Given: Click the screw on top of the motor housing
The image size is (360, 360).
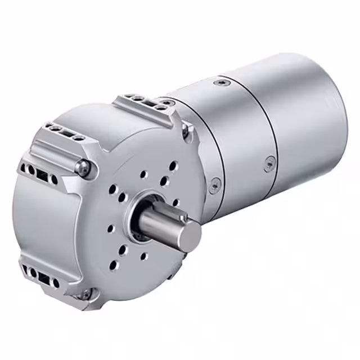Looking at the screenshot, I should pyautogui.click(x=220, y=83).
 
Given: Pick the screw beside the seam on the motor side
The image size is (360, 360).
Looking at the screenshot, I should pyautogui.click(x=269, y=163).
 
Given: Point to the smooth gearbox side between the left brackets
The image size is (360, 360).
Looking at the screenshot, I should pyautogui.click(x=34, y=219).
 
